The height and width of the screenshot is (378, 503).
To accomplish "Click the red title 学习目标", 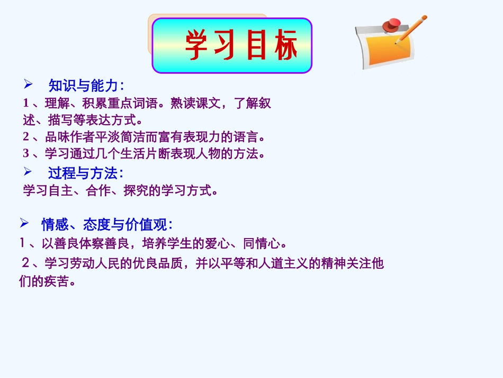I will [241, 45].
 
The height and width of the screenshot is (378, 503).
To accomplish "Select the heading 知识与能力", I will [84, 85].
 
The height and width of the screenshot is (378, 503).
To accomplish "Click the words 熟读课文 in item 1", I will [191, 103].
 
